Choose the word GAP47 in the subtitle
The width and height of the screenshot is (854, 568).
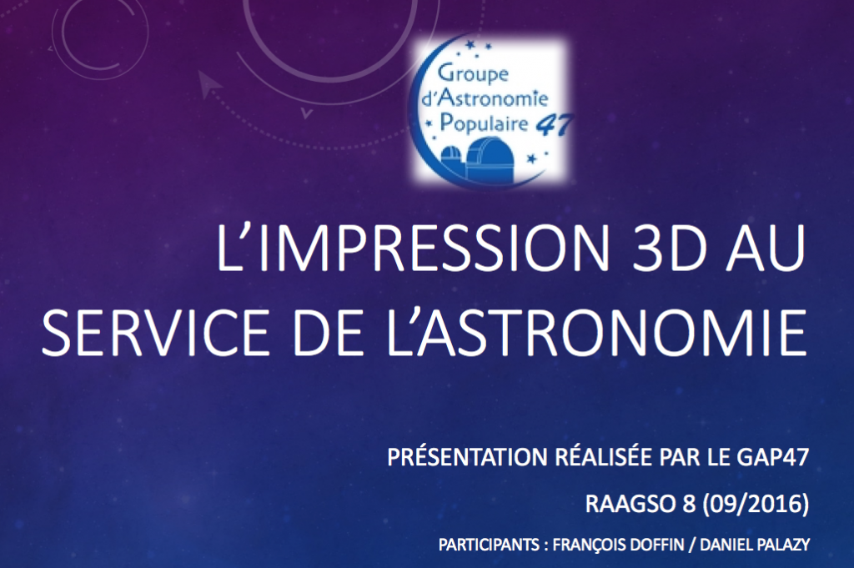coord(773,457)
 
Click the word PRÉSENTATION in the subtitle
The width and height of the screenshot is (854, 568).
coord(468,457)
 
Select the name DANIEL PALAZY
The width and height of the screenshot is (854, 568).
coord(755,545)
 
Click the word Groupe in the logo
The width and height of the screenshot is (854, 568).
coord(473,73)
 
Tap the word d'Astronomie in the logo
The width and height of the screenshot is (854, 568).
coord(485,98)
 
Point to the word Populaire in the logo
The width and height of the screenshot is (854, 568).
coord(484,123)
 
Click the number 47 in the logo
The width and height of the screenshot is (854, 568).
coord(554,126)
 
